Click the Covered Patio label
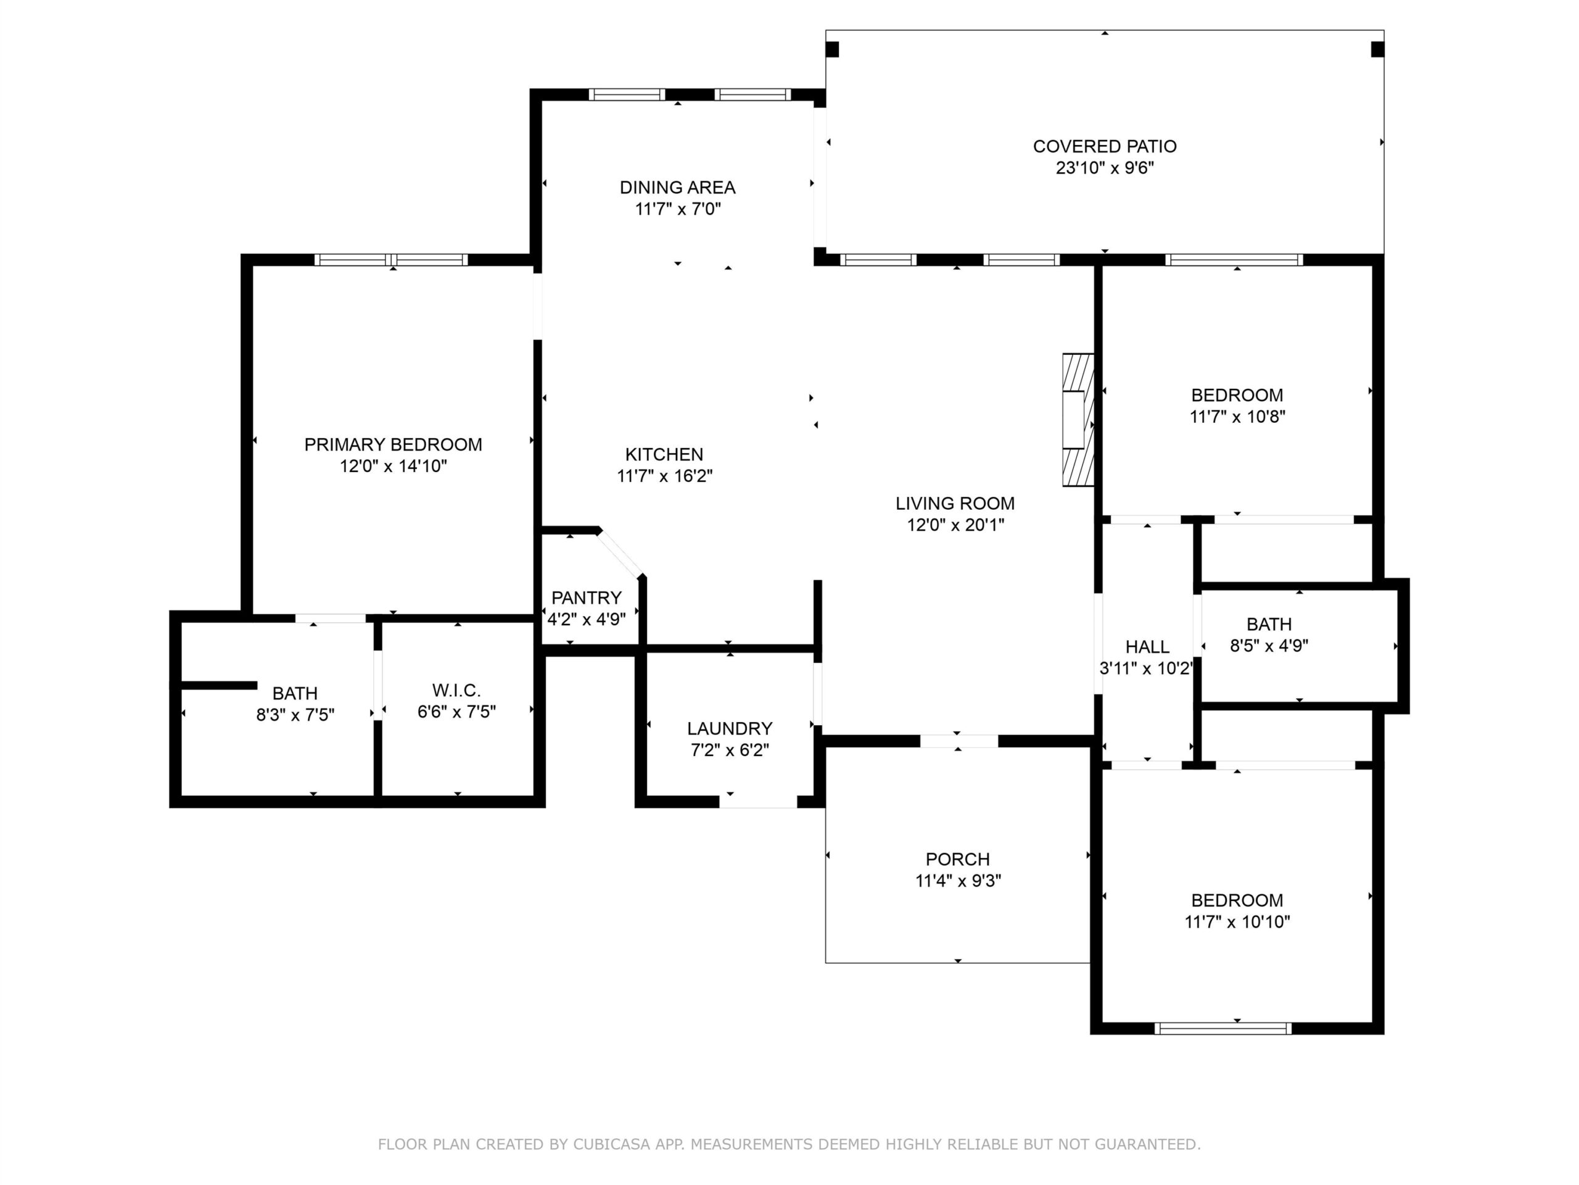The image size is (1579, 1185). (x=1104, y=146)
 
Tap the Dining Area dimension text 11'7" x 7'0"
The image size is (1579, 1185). (x=678, y=209)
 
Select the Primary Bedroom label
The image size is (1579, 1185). (x=394, y=444)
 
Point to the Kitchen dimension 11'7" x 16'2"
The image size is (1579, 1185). (x=664, y=476)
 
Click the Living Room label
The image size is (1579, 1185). (x=955, y=504)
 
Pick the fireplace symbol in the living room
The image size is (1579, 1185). (x=1078, y=420)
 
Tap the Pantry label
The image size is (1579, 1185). (x=586, y=597)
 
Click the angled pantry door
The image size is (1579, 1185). (x=621, y=553)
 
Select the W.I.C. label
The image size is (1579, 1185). (x=457, y=691)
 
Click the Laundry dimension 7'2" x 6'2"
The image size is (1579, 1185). (x=730, y=750)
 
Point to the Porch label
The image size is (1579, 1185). (x=958, y=859)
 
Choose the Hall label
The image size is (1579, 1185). (x=1147, y=647)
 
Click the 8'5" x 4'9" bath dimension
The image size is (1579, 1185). (x=1269, y=646)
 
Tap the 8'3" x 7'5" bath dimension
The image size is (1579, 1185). (x=295, y=715)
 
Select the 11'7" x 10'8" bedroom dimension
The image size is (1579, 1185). (x=1237, y=417)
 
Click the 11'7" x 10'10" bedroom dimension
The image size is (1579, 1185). (x=1237, y=922)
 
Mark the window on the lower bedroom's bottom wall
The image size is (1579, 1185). (x=1222, y=1029)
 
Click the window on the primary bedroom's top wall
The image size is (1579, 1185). (x=391, y=260)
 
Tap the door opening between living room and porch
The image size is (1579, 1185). (x=959, y=741)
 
